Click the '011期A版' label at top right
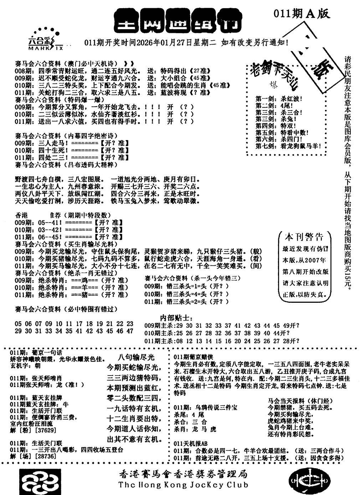(302, 14)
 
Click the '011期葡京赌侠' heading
(193, 357)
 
